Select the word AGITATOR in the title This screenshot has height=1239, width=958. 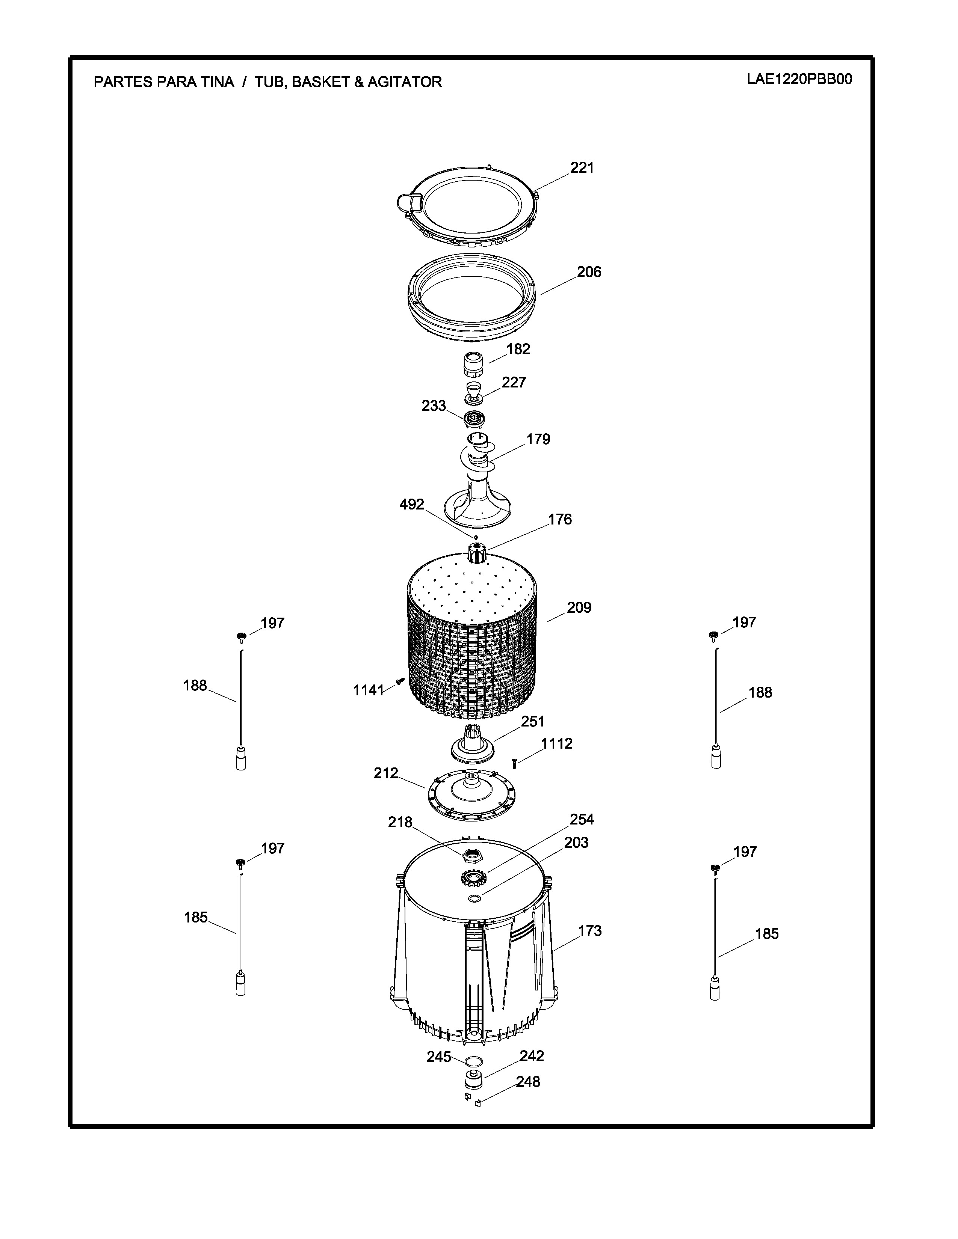(404, 82)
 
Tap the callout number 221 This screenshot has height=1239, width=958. (582, 167)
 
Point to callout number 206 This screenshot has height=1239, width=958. (589, 272)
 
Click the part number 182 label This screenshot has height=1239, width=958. (518, 349)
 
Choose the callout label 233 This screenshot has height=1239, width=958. (434, 405)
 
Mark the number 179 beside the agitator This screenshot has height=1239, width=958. (538, 439)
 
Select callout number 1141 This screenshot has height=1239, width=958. (369, 690)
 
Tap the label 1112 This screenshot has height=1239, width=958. (557, 744)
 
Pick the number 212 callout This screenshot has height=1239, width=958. (386, 773)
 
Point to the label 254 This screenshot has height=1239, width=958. (582, 819)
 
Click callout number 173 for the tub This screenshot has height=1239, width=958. (590, 931)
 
